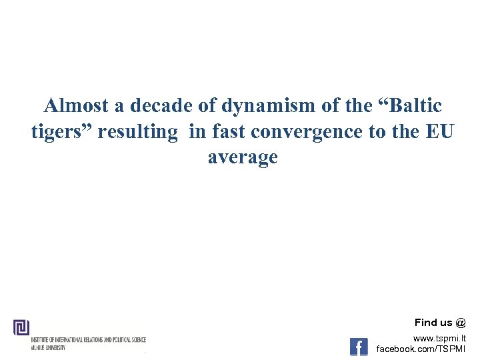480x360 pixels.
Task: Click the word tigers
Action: point(61,132)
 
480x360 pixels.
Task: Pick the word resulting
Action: point(138,132)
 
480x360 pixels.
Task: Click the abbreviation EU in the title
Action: point(437,132)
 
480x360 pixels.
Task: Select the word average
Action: point(243,158)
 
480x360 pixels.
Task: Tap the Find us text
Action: point(434,323)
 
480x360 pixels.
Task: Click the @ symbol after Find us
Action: point(461,323)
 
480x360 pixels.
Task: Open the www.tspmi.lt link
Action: point(440,339)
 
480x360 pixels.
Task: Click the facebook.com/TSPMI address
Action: point(421,349)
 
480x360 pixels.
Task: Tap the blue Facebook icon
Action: point(359,347)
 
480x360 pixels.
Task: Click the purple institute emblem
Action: point(21,327)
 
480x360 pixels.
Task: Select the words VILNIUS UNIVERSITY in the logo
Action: point(48,348)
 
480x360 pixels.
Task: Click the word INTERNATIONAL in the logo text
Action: point(73,340)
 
